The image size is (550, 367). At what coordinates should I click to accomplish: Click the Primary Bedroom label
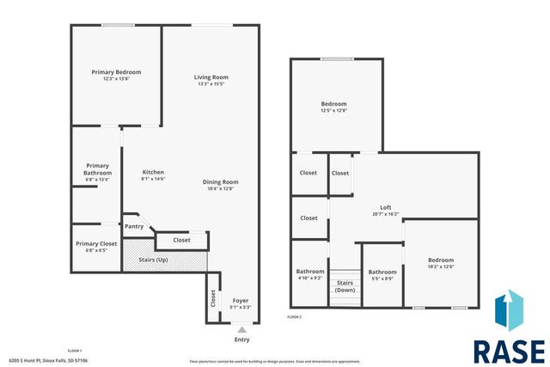[x=116, y=72]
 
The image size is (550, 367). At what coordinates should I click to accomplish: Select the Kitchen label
[x=153, y=173]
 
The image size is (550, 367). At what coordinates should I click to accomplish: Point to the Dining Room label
[x=221, y=181]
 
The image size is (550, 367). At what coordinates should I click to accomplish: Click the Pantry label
[x=134, y=226]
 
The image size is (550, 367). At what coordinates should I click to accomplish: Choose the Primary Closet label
[x=96, y=244]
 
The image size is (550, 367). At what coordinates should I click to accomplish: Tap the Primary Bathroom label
[x=97, y=168]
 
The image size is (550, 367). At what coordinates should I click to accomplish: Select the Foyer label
[x=241, y=301]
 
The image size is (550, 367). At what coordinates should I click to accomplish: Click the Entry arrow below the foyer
[x=241, y=329]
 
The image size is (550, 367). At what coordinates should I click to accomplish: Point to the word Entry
[x=241, y=339]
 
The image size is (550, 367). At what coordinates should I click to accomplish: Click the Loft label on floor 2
[x=386, y=207]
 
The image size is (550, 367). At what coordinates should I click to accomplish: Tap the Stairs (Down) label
[x=345, y=286]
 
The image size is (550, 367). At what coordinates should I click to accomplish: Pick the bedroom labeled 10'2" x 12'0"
[x=441, y=260]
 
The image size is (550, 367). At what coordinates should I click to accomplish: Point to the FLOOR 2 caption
[x=294, y=317]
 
